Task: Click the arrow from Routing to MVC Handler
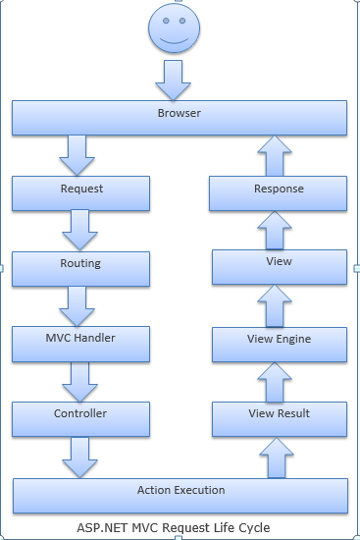click(x=77, y=305)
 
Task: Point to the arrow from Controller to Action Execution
click(x=77, y=457)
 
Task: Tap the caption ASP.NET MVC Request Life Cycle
click(x=174, y=527)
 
